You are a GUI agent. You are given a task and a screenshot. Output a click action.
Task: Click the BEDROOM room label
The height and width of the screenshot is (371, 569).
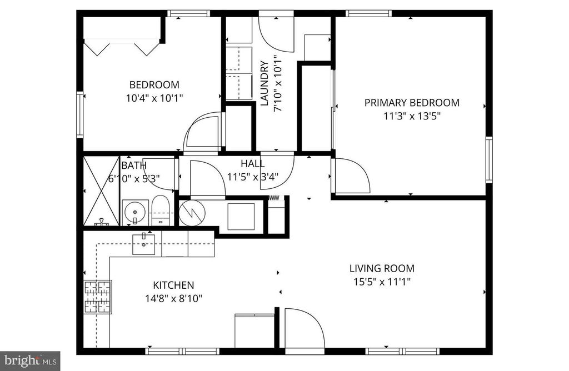click(154, 85)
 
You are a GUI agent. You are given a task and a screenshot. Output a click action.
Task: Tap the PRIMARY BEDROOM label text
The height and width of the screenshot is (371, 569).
click(412, 103)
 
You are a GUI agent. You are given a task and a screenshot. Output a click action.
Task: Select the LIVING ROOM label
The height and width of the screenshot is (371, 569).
click(382, 268)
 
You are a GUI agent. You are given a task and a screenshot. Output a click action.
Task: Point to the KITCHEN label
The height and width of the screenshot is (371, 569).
click(173, 285)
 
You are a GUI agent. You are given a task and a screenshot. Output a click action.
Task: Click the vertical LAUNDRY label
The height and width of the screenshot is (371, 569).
click(264, 83)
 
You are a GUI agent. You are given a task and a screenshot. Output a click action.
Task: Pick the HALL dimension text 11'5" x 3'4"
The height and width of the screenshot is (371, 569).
click(253, 177)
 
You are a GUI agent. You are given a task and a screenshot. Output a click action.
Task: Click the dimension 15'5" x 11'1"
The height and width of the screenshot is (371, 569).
click(382, 282)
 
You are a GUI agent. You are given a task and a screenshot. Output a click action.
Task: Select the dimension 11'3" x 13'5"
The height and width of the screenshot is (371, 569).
click(412, 117)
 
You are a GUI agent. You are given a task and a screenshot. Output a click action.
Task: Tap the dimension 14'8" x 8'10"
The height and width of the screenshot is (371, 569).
click(173, 299)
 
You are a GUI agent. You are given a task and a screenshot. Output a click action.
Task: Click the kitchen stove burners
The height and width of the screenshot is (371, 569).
click(98, 297)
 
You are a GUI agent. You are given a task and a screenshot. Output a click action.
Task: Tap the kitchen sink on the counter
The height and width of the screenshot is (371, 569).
click(144, 244)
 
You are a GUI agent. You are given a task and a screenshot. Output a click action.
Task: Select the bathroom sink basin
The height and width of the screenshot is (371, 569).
click(135, 212)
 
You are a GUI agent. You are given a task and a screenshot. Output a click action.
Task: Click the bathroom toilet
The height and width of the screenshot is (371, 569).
click(160, 210)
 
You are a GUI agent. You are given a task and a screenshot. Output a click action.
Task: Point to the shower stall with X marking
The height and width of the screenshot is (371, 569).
click(101, 191)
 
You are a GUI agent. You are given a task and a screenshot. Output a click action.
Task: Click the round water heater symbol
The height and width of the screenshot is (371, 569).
click(192, 213)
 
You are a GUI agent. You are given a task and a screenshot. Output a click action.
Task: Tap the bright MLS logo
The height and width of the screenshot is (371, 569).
click(30, 361)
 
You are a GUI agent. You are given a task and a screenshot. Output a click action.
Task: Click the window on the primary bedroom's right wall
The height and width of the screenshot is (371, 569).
click(489, 160)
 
